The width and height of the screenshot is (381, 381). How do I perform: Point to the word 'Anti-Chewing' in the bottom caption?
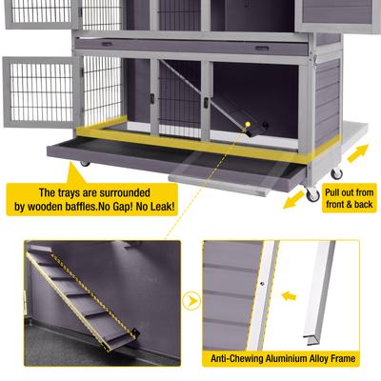[x=238, y=359]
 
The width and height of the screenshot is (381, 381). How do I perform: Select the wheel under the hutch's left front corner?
[x=84, y=165]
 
